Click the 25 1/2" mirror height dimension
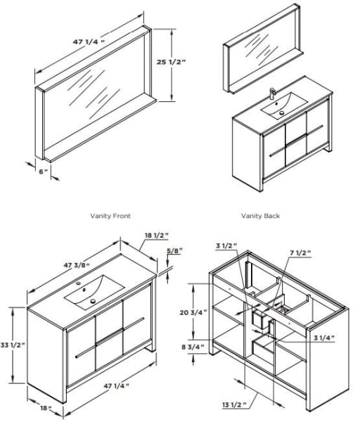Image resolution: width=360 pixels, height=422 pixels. (172, 62)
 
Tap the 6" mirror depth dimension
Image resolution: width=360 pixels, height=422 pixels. (43, 171)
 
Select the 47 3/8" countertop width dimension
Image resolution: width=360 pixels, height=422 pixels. (77, 265)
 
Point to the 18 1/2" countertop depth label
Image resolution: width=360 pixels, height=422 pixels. (157, 235)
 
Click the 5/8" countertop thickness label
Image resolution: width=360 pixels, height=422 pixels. (175, 250)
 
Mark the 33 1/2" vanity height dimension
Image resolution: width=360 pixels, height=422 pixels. (13, 345)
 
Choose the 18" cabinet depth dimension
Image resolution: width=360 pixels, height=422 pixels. (46, 408)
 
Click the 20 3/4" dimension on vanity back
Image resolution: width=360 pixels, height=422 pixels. (193, 312)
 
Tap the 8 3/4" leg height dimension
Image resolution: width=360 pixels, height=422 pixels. (193, 347)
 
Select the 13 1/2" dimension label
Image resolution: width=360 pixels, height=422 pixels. (234, 404)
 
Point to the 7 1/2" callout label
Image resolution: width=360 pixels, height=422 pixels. (300, 252)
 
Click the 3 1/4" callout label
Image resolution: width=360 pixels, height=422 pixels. (324, 338)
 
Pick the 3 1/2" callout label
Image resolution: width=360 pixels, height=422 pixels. (226, 245)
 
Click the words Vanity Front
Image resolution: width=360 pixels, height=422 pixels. (110, 216)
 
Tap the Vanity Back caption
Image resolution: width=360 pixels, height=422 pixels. (260, 216)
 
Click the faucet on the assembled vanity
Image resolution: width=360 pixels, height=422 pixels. (272, 94)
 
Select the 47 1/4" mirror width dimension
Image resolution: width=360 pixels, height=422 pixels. (89, 41)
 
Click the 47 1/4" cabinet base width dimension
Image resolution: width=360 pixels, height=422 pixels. (117, 385)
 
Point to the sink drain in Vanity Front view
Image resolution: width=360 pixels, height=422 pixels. (93, 301)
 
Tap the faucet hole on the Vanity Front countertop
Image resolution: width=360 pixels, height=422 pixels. (79, 283)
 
